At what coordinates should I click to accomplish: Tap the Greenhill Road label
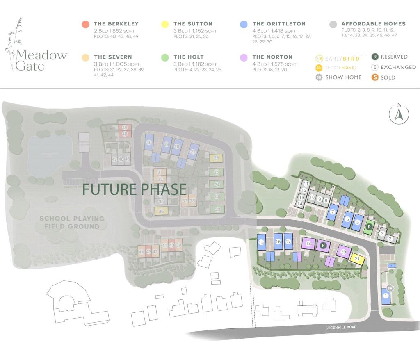[341, 327]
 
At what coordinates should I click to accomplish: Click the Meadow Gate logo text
[41, 60]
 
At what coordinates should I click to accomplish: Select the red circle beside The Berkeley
[85, 24]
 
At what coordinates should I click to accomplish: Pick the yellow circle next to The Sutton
[165, 24]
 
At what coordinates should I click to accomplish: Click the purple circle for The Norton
[244, 57]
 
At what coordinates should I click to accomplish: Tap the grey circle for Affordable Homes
[333, 24]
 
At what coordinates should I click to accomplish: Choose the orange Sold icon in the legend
[374, 77]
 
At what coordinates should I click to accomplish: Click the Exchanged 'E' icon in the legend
[374, 67]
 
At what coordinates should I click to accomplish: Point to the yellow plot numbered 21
[357, 259]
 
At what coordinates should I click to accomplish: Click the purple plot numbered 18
[309, 244]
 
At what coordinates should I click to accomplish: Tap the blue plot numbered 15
[261, 242]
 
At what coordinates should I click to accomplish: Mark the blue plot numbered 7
[333, 212]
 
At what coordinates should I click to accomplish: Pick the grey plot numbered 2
[390, 239]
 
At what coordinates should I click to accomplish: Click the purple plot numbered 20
[344, 252]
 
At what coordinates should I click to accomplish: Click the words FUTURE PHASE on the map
[135, 189]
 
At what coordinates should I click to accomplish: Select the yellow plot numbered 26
[216, 158]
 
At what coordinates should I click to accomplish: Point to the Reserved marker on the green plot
[369, 226]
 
